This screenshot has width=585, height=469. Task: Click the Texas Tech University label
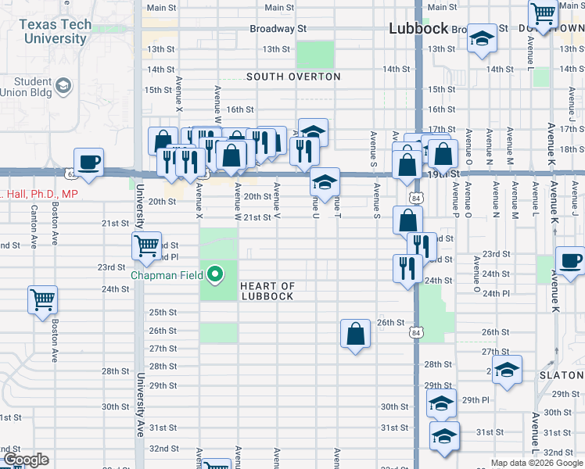[55, 30]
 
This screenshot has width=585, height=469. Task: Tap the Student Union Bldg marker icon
[63, 85]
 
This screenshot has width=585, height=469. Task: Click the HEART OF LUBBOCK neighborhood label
[267, 292]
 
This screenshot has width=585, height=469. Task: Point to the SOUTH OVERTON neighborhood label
[293, 77]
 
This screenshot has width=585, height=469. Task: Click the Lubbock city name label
[418, 28]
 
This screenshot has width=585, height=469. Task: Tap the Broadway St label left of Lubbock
[277, 29]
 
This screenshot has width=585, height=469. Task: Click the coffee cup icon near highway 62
[88, 163]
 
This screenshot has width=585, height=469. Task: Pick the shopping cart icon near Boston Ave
[42, 299]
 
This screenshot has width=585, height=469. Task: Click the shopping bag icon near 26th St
[355, 334]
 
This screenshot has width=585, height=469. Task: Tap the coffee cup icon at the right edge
[570, 262]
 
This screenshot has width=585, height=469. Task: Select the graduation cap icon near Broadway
[482, 38]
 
